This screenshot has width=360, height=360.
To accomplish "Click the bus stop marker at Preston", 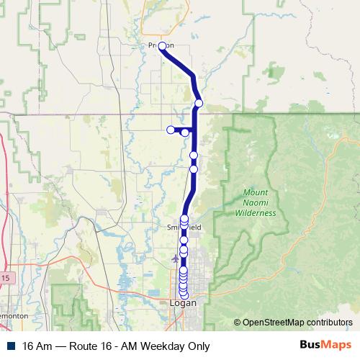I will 162,46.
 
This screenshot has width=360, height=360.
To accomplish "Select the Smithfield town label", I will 184,227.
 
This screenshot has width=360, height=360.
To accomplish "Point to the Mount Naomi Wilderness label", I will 259,203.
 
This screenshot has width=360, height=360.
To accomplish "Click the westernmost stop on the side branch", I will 171,130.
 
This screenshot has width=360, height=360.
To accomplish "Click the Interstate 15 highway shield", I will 5,277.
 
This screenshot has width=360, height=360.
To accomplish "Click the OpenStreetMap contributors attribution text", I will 297,322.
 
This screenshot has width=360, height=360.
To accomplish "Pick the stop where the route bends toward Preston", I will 199,104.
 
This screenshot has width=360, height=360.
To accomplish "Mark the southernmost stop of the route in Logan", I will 184,294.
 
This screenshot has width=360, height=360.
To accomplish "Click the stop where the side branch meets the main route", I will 185,132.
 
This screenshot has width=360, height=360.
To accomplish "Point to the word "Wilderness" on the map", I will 259,213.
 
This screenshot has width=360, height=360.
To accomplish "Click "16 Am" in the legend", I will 35,346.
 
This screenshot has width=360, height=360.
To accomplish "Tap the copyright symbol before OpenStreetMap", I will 237,322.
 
